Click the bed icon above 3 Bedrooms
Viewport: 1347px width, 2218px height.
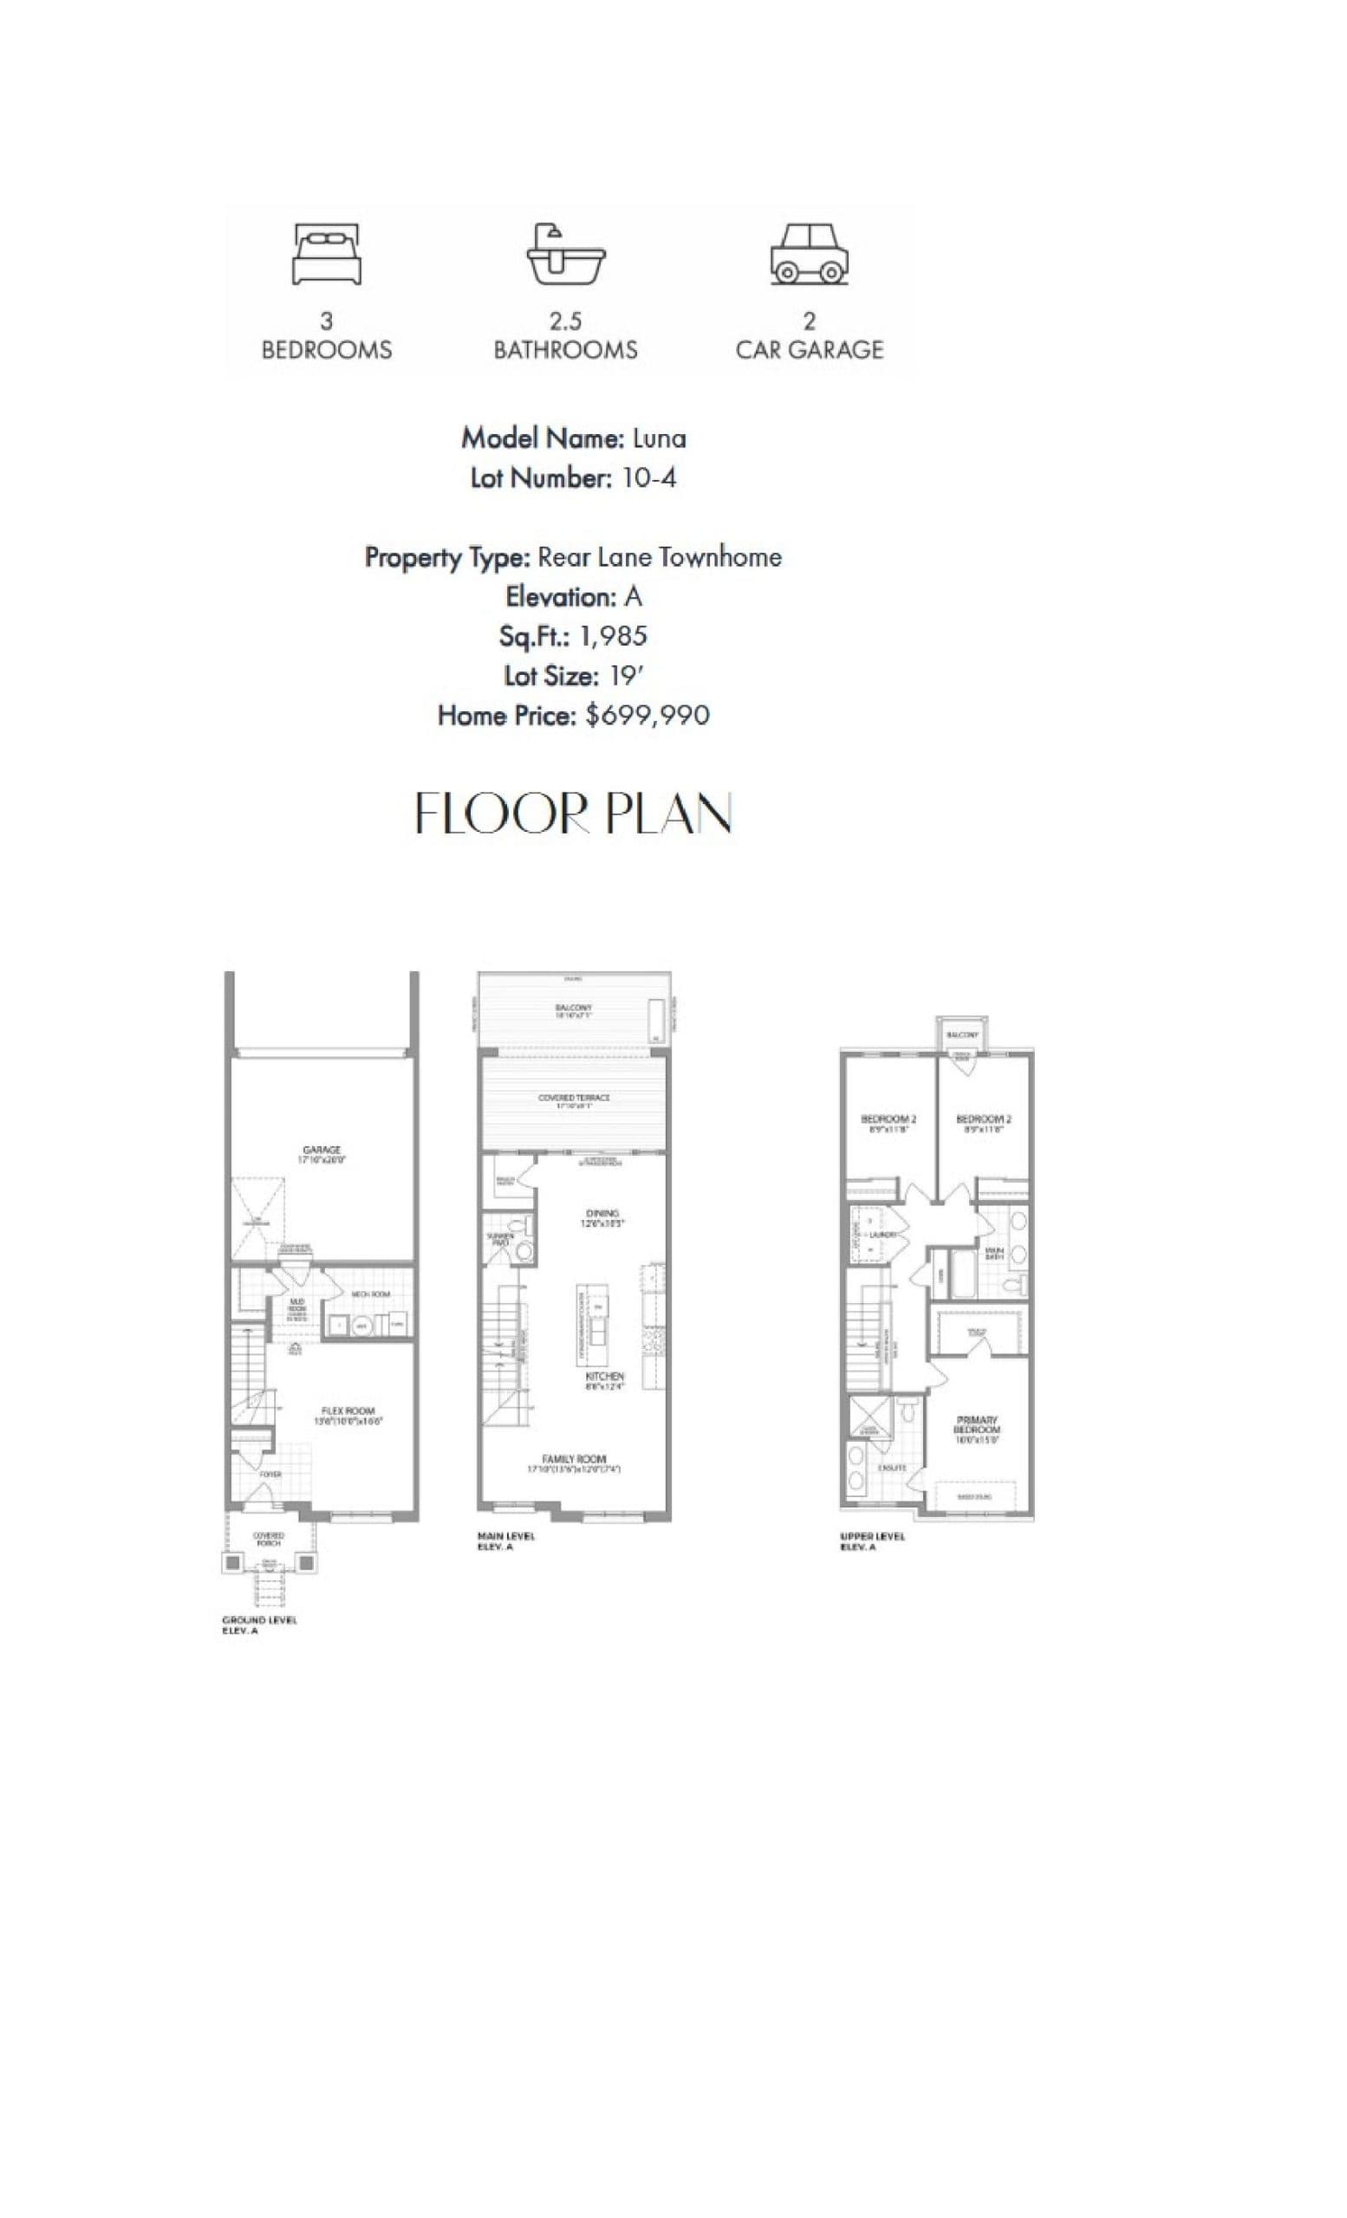tap(326, 255)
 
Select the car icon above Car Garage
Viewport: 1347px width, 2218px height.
tap(809, 255)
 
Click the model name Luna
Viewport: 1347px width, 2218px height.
tap(659, 438)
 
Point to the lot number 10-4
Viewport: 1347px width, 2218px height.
tap(648, 478)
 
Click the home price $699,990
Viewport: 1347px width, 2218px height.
tap(647, 716)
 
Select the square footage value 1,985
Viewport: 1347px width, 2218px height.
tap(613, 637)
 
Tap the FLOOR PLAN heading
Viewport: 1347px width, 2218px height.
tap(573, 814)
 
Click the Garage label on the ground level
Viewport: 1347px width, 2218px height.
tap(322, 1150)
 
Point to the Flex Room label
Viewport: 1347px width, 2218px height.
tap(348, 1411)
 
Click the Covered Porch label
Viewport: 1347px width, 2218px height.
tap(269, 1535)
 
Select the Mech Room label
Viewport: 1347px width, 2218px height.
tap(370, 1294)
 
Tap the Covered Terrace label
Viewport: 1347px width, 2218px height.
tap(574, 1097)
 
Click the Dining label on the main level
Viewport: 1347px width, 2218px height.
tap(602, 1212)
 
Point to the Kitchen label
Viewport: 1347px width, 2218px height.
tap(604, 1378)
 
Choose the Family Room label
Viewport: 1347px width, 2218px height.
tap(574, 1458)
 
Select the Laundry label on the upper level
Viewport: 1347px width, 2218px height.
tap(882, 1235)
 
